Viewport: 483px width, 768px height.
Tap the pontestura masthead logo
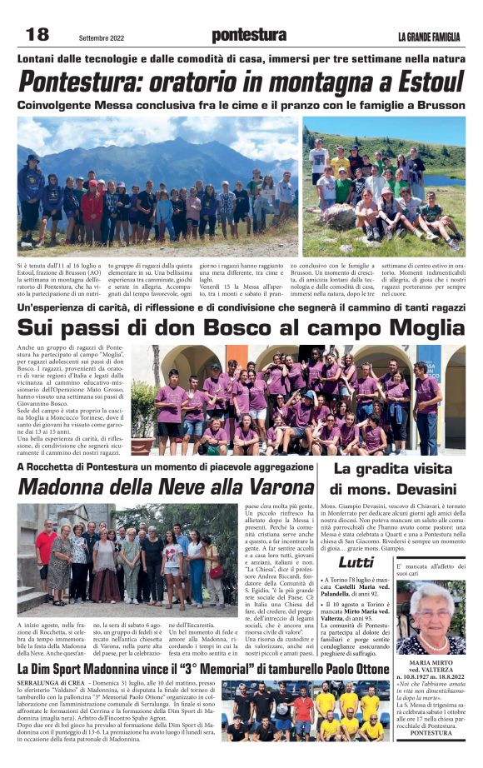coord(249,35)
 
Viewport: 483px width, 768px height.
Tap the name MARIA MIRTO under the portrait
coord(431,663)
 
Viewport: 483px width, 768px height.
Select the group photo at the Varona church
coord(128,556)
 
